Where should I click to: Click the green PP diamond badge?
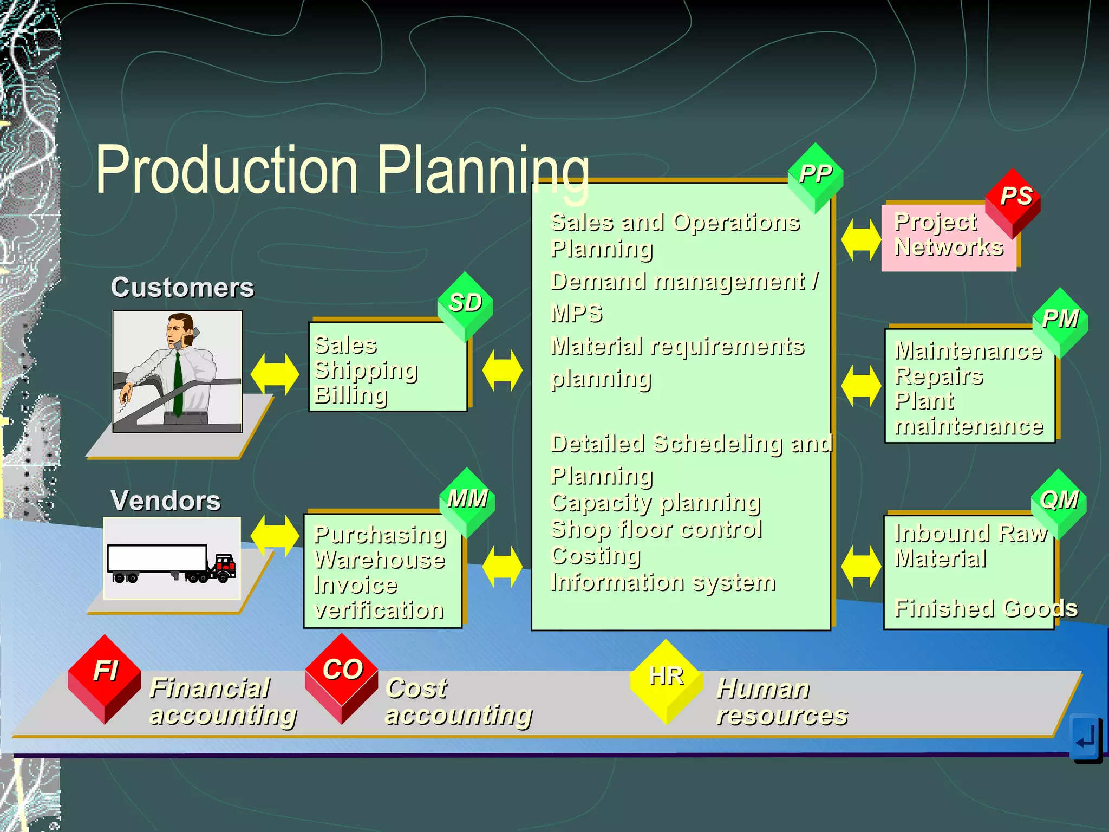click(815, 177)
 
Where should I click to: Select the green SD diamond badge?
click(465, 304)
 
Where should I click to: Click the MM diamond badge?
click(467, 500)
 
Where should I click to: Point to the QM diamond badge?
click(1059, 502)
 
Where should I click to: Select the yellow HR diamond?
click(666, 679)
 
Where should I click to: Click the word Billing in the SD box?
click(351, 395)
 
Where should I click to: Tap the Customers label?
click(182, 288)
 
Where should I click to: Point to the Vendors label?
click(166, 500)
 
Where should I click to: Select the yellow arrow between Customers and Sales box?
click(275, 374)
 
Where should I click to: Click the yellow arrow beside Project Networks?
click(860, 239)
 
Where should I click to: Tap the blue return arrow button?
click(1086, 737)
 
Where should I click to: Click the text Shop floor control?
click(656, 529)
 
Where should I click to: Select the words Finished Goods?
click(986, 608)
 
